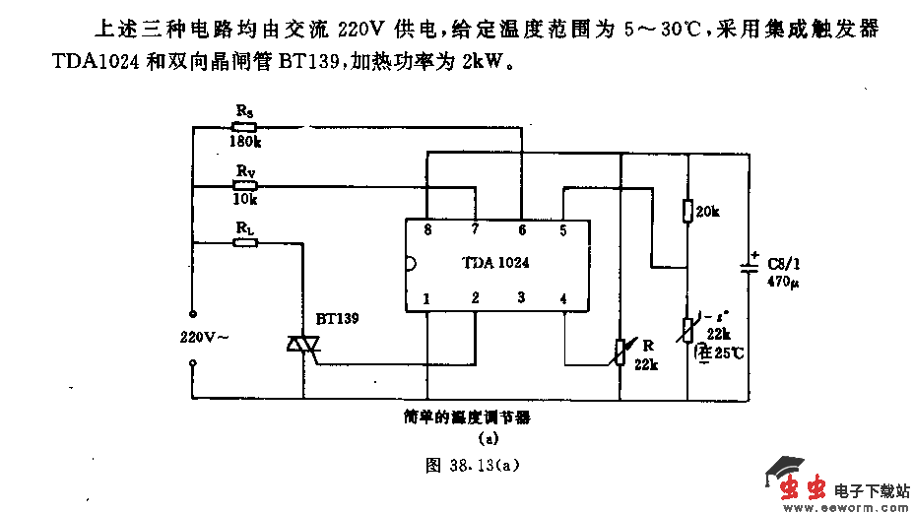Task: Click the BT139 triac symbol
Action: click(x=303, y=344)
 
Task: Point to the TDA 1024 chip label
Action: click(x=495, y=263)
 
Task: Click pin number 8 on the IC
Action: click(x=426, y=230)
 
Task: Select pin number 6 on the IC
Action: click(x=522, y=230)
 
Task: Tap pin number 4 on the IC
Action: click(x=563, y=298)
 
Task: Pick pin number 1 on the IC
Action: click(x=426, y=298)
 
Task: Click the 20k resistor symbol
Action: click(x=686, y=212)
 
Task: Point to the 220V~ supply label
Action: click(x=205, y=337)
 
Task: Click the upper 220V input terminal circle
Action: click(x=192, y=315)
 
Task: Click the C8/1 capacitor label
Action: click(x=787, y=264)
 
